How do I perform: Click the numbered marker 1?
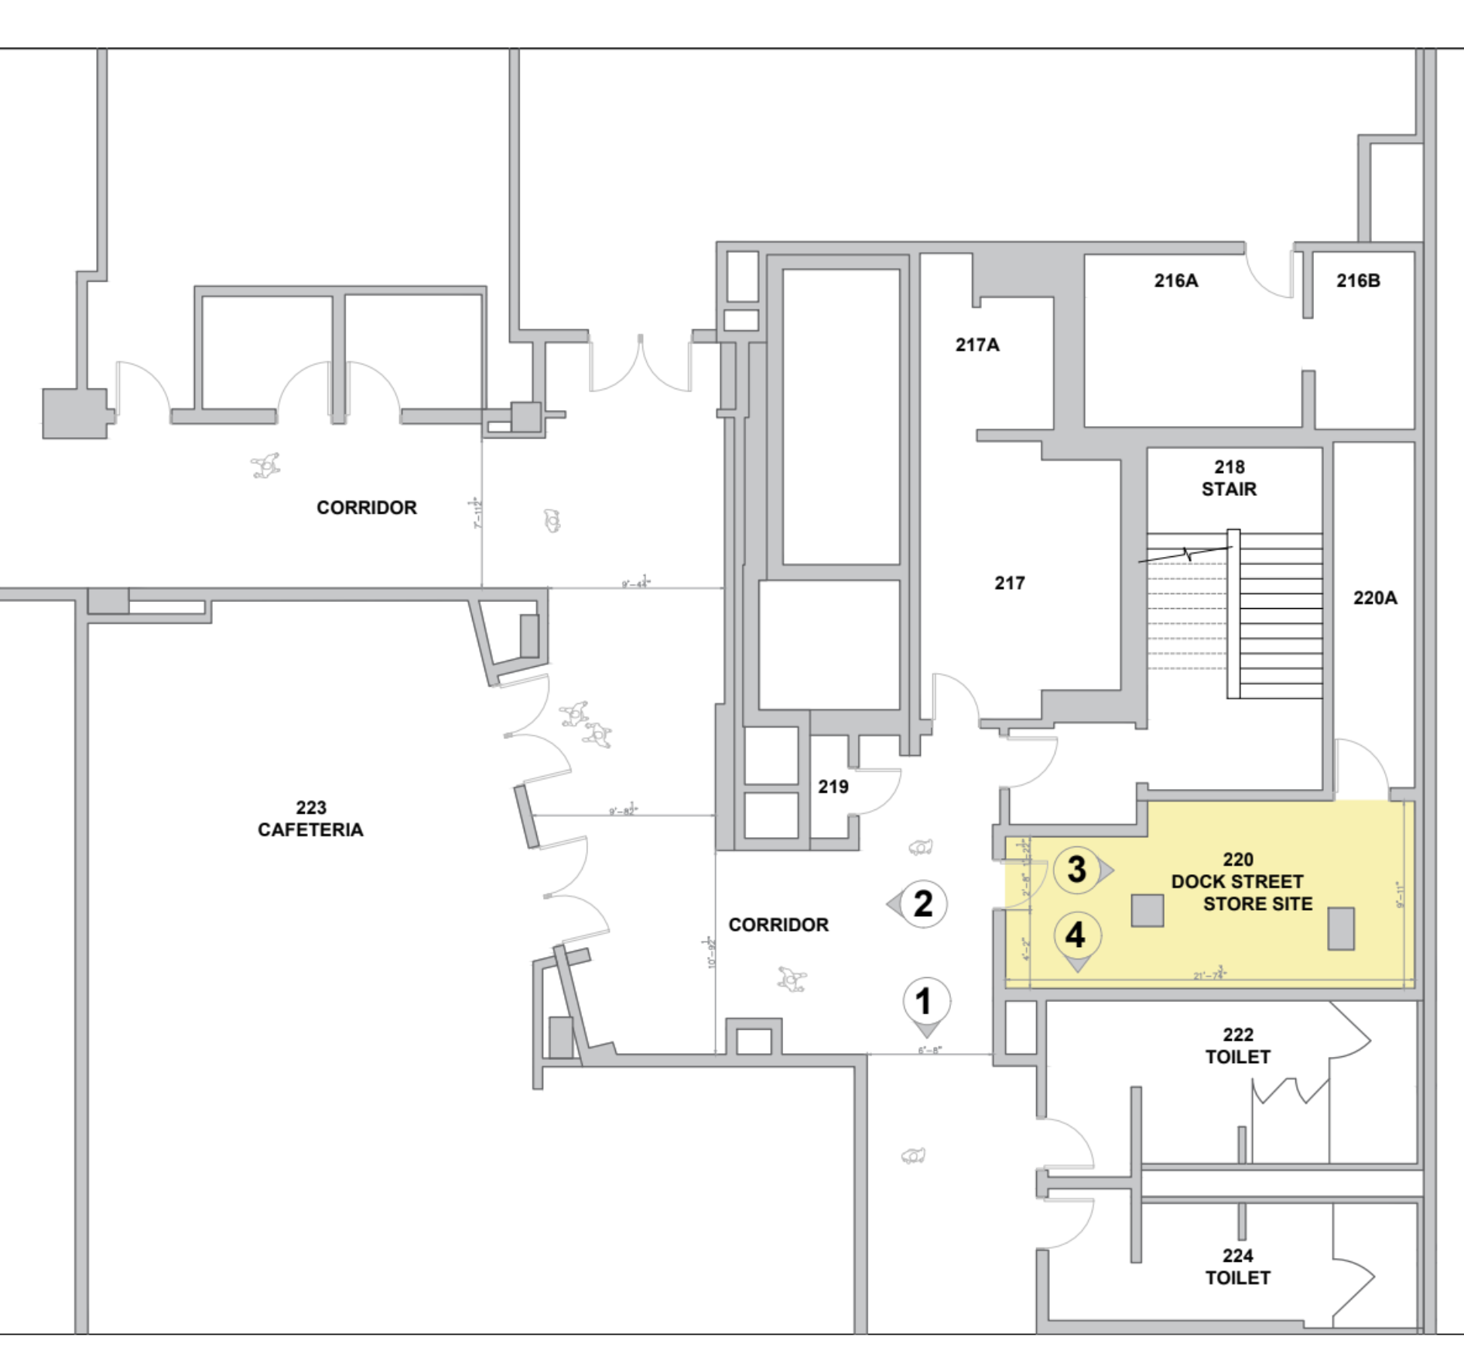coord(926,1002)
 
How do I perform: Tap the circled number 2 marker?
coord(922,904)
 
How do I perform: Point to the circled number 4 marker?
coord(1077,936)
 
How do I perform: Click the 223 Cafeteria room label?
coord(310,819)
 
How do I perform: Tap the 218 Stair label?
coord(1229,478)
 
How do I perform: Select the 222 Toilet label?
coord(1237,1045)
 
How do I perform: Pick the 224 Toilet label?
coord(1237,1267)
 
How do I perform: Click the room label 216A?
coord(1176,281)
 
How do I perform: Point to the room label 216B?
coord(1358,281)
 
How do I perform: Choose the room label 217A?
coord(977,345)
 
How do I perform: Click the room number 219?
coord(833,787)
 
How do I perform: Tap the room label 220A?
coord(1375,598)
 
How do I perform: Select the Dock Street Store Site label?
coord(1241,882)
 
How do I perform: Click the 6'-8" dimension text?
coord(929,1050)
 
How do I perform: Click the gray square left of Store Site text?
coord(1148,911)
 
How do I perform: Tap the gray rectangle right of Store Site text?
coord(1341,928)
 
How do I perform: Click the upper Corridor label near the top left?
coord(367,508)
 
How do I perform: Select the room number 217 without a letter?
coord(1010,583)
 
